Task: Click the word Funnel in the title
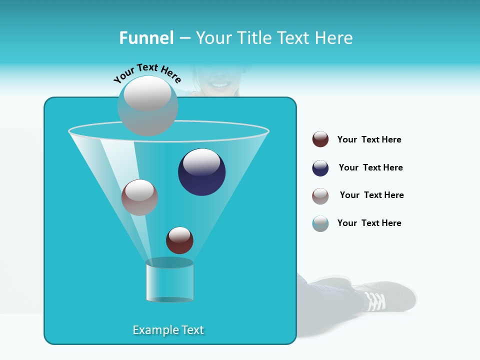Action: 146,38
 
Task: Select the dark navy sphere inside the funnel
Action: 201,172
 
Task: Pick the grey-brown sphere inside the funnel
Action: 139,197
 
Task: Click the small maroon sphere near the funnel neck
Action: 179,240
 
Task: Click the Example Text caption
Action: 168,330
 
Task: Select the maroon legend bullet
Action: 320,139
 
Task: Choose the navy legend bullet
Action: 320,168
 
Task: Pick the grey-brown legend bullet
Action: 320,196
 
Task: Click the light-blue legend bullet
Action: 320,223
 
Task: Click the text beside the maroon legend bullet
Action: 369,139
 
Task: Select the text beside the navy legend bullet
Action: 370,167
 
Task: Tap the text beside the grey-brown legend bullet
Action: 371,195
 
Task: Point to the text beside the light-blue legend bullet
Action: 369,223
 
